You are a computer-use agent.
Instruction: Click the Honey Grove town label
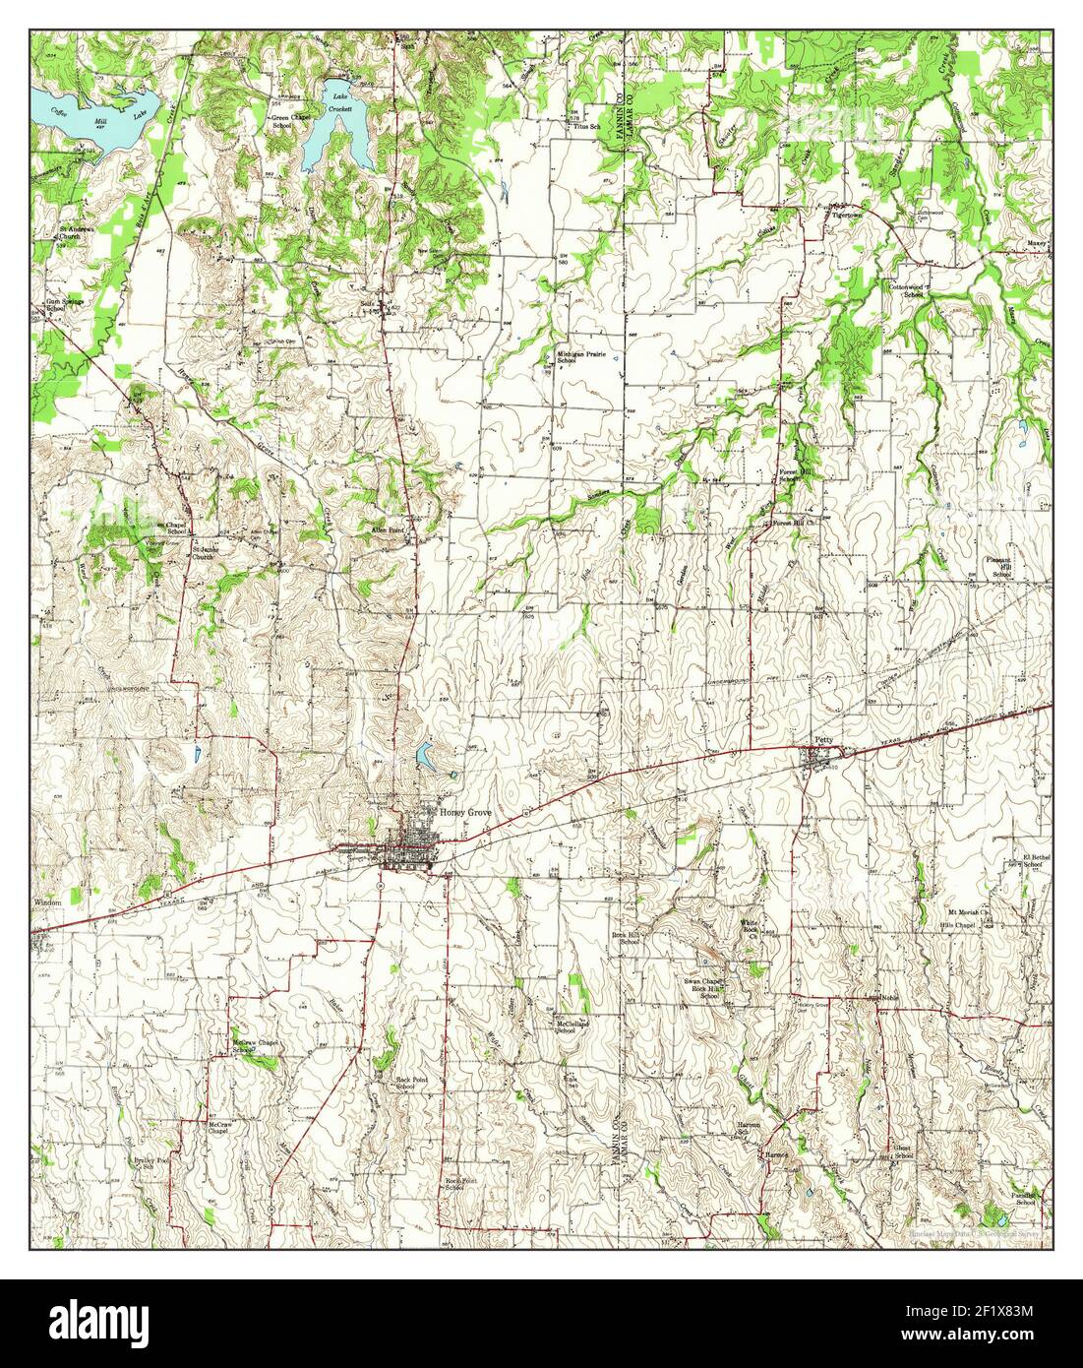[464, 813]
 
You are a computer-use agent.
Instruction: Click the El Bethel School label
[1034, 860]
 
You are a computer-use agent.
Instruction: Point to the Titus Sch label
[586, 126]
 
